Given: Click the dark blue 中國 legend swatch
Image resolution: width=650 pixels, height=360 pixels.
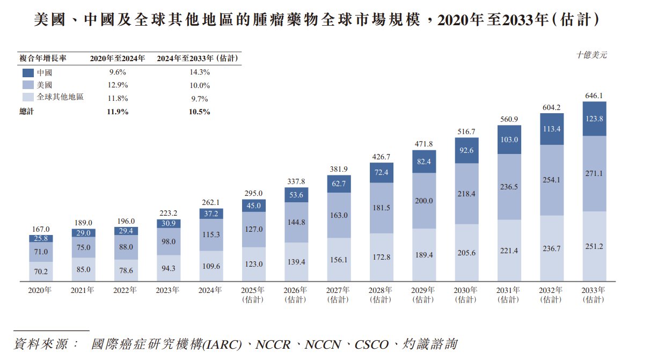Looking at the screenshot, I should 28,72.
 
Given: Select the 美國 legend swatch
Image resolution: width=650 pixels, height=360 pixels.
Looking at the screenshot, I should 28,85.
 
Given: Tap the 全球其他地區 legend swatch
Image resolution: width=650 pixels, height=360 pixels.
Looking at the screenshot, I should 28,98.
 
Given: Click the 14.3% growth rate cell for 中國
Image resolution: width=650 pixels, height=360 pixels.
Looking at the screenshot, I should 198,72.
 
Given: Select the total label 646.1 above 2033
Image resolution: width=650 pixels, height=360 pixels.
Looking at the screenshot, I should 595,96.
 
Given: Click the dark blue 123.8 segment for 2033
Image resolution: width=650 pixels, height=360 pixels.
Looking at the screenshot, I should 595,119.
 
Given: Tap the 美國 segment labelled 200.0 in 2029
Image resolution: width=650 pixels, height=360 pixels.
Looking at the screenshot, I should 424,201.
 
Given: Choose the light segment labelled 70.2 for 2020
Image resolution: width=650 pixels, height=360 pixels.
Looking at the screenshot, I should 41,271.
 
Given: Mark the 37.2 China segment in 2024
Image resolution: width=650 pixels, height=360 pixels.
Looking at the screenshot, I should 211,214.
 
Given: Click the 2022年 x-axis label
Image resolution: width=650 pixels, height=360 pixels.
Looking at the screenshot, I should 125,290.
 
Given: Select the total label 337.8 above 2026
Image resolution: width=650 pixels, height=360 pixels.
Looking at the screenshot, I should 296,181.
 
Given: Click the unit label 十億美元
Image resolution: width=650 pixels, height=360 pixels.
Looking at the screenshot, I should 591,55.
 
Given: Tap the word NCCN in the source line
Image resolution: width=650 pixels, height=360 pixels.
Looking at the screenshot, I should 323,344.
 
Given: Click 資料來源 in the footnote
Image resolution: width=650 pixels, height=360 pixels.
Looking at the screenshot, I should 40,344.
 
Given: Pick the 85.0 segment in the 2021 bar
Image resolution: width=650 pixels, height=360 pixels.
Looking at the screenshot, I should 83,269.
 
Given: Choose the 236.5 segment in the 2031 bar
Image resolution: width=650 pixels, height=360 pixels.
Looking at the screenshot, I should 509,187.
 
